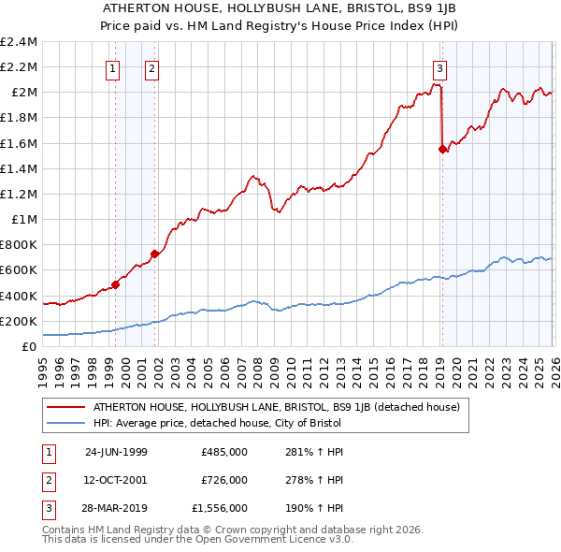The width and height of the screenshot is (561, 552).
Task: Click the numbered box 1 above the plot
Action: [113, 66]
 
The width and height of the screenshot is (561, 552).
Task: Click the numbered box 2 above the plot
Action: [151, 66]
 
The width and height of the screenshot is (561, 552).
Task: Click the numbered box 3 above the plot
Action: [439, 66]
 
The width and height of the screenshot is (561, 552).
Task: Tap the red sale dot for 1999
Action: [116, 284]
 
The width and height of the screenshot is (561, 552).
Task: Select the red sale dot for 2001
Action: [154, 254]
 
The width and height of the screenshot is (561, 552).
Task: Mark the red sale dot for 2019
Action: [442, 148]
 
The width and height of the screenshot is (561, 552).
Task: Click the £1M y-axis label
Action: [24, 220]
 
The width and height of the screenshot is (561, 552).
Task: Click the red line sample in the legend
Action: [67, 408]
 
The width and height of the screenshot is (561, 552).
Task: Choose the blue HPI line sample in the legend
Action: [67, 423]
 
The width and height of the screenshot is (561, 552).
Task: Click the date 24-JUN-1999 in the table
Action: [116, 451]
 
